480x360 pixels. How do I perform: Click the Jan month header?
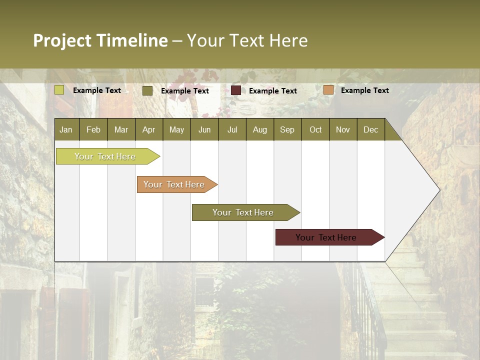point(66,129)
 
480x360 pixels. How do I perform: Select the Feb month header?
point(93,129)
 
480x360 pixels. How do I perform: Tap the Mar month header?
point(121,129)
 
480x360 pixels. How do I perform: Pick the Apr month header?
point(149,129)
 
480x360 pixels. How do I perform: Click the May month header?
point(176,129)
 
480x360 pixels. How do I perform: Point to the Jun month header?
point(204,129)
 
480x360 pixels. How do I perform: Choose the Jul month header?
point(232,129)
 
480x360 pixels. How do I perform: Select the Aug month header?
point(260,129)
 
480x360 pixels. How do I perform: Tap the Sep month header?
point(287,129)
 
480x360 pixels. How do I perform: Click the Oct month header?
point(315,129)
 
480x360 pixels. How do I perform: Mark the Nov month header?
point(343,129)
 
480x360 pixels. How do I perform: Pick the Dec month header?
point(371,129)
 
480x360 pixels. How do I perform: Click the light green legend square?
point(59,90)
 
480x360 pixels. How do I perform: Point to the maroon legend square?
point(236,90)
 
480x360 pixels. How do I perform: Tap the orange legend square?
point(328,90)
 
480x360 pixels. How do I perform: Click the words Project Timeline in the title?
point(100,40)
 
